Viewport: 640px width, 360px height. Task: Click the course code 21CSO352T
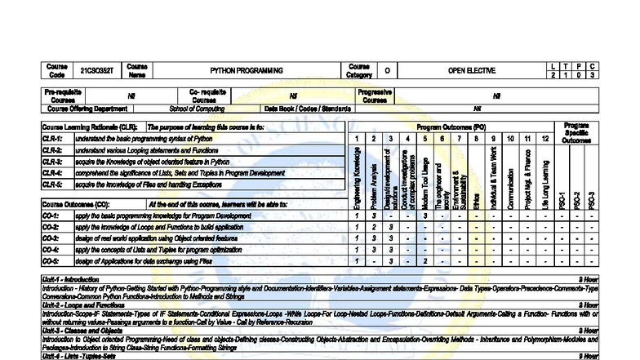[96, 71]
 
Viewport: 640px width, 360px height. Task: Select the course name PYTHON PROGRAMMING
[247, 71]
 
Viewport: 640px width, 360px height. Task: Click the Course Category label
[359, 71]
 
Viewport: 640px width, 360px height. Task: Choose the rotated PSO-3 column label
[591, 198]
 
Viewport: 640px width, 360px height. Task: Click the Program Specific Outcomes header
[576, 133]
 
